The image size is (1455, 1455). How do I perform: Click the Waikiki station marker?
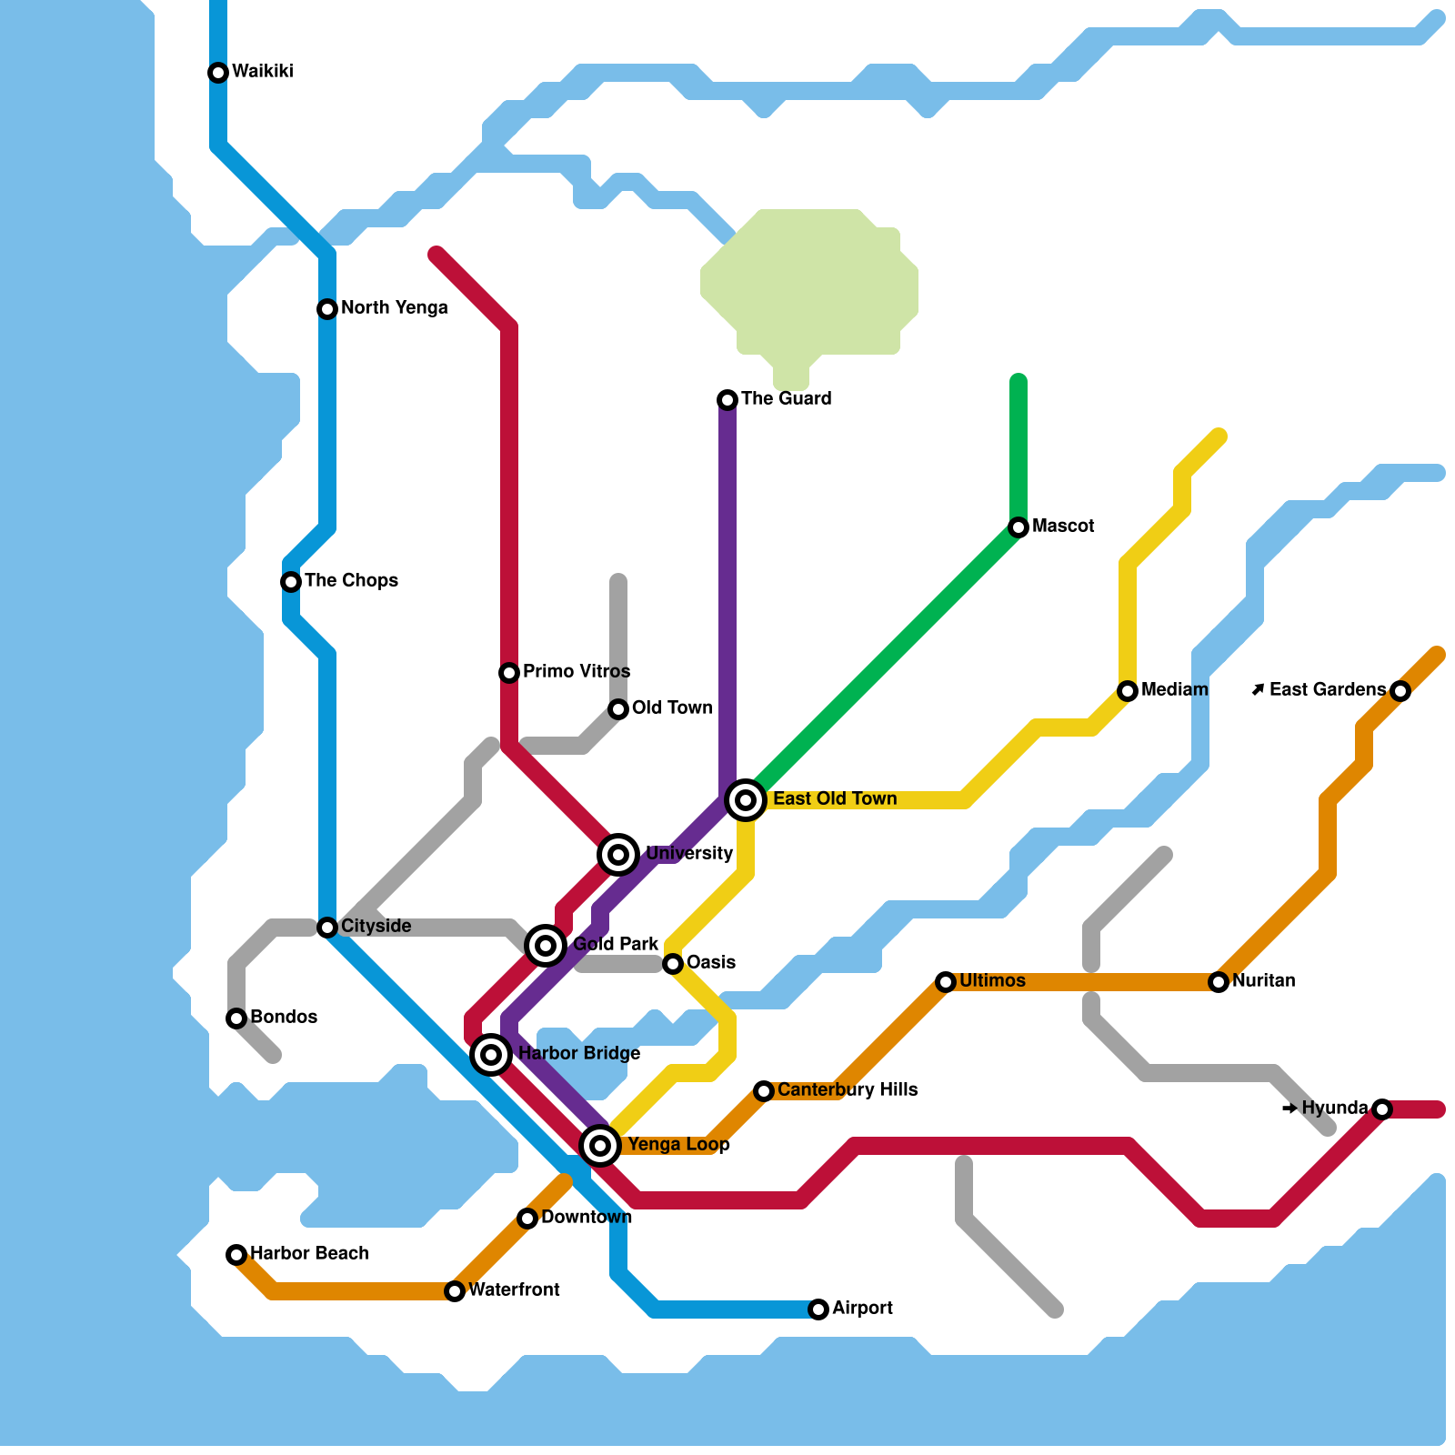(218, 73)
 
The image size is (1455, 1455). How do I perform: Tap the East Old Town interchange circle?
(746, 800)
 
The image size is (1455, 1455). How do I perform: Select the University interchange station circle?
(618, 855)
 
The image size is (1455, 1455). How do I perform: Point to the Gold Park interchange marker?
(546, 946)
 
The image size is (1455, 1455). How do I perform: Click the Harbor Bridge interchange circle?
(491, 1055)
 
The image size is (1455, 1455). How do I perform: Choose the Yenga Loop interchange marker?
(600, 1146)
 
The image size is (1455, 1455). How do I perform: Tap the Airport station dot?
(818, 1309)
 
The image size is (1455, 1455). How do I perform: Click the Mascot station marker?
(1018, 527)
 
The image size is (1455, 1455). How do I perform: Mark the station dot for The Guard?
(727, 400)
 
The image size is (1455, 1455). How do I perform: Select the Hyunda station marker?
(1382, 1109)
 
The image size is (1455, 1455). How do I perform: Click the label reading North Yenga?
(394, 308)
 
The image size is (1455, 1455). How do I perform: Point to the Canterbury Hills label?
(847, 1090)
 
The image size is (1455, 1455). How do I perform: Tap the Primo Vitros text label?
(577, 672)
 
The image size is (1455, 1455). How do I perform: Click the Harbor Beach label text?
(309, 1254)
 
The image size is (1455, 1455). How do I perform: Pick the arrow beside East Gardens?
(1258, 690)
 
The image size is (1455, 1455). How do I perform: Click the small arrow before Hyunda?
(1289, 1109)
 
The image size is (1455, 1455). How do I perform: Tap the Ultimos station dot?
(946, 982)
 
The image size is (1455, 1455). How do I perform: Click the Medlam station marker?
(1128, 691)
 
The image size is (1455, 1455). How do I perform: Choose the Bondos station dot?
(236, 1018)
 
